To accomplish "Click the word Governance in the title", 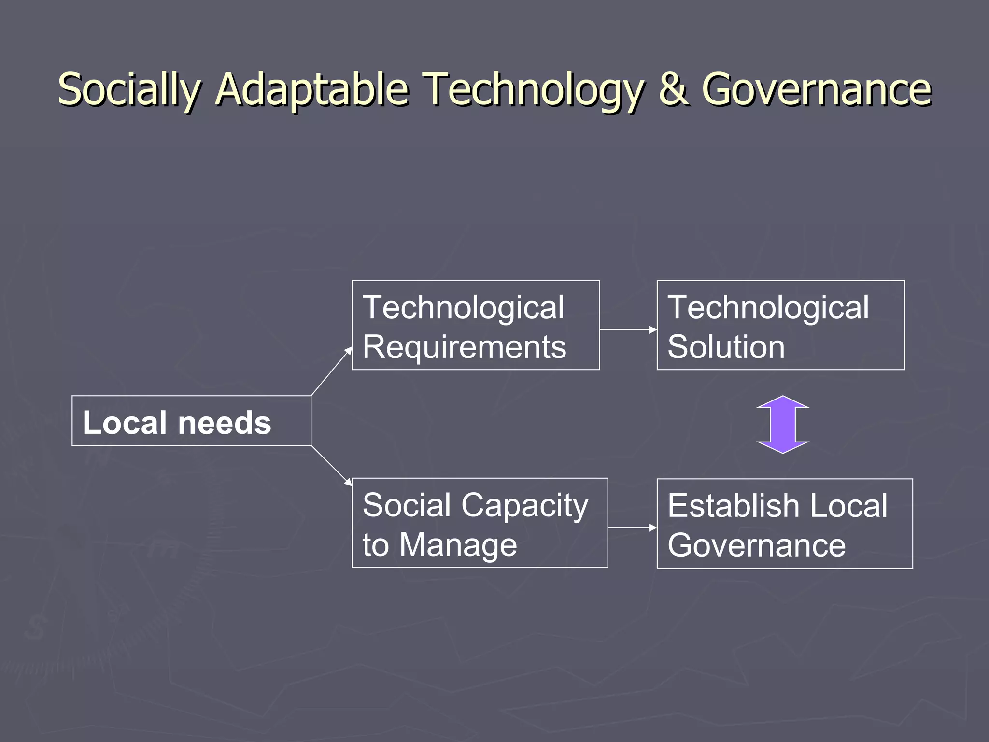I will click(x=816, y=89).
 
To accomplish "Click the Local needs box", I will click(x=191, y=421).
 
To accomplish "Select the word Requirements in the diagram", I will click(x=464, y=347).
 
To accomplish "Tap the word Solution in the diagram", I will click(x=726, y=347).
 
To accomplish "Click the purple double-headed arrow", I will click(x=782, y=424).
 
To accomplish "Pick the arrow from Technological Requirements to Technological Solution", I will click(x=628, y=330).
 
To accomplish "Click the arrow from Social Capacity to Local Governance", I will click(x=632, y=528).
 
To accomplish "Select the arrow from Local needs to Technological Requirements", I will click(x=332, y=371).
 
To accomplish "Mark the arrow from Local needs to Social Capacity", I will click(x=332, y=465).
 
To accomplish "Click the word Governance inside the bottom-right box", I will click(x=756, y=545).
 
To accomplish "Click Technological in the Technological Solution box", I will click(x=768, y=307).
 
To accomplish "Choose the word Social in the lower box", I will click(x=407, y=505).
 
